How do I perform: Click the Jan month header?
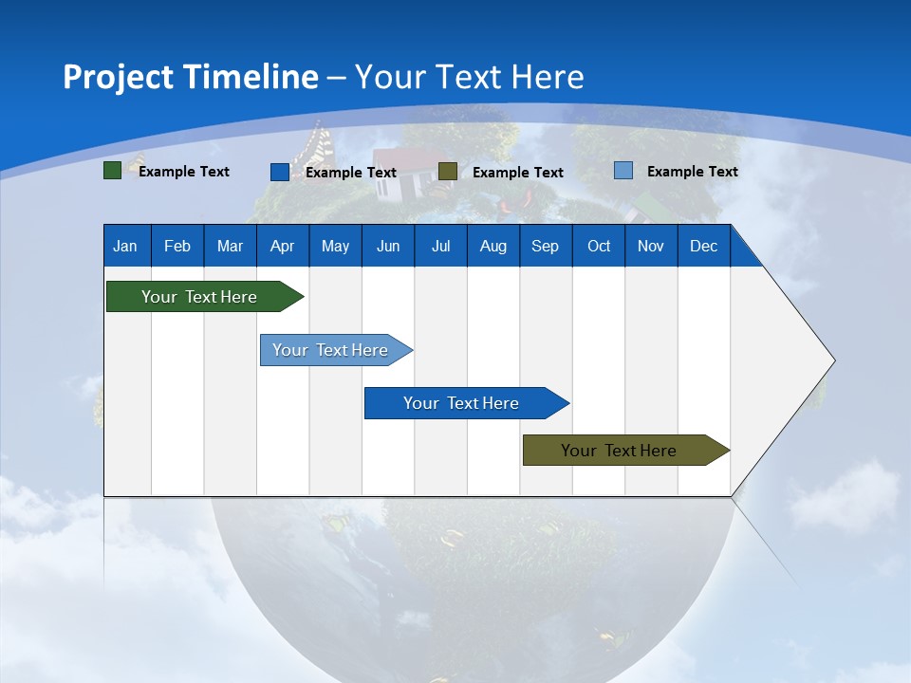pos(125,246)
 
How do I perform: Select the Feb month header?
pos(177,246)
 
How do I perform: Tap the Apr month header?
pos(282,246)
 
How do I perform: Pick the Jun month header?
pos(388,246)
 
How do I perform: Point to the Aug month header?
pos(493,246)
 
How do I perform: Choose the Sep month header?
pos(545,246)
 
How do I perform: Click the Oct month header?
pos(599,246)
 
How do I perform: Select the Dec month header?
pos(703,246)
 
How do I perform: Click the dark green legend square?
pos(112,171)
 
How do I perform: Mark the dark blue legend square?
pos(279,172)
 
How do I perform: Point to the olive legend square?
pos(448,171)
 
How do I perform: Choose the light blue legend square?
pos(623,171)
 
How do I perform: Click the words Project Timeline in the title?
pos(191,77)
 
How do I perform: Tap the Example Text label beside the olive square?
pos(517,173)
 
